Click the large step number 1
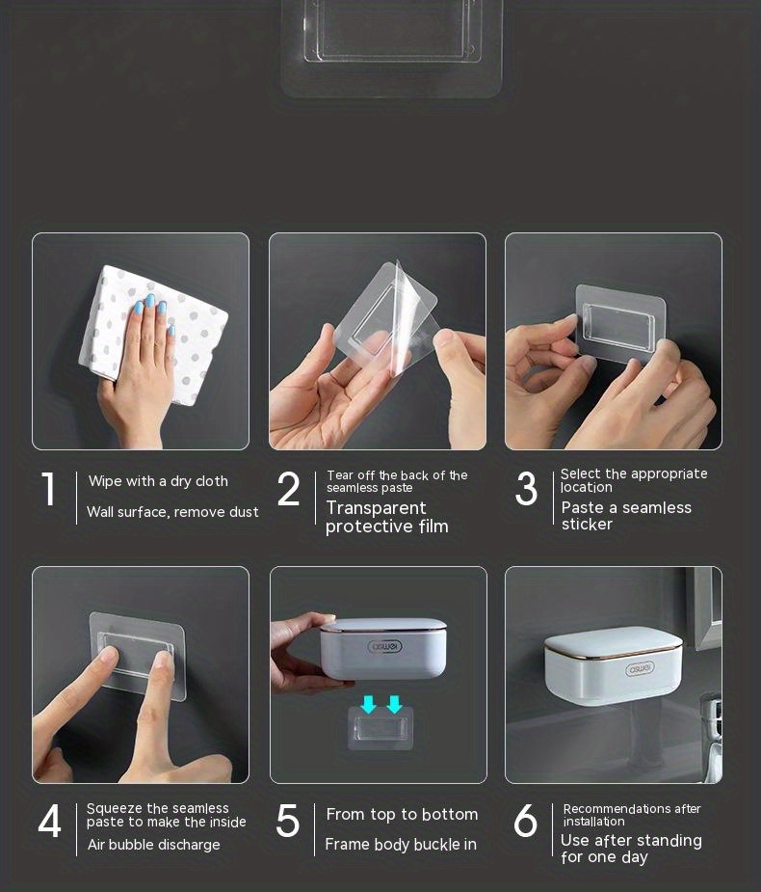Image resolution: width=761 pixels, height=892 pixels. pyautogui.click(x=48, y=490)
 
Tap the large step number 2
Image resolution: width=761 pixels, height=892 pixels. pyautogui.click(x=288, y=490)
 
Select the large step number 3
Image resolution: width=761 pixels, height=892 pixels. pyautogui.click(x=526, y=490)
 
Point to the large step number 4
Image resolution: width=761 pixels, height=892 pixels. pyautogui.click(x=49, y=824)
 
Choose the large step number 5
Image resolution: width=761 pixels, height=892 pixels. pyautogui.click(x=288, y=822)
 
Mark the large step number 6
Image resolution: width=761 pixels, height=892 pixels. pyautogui.click(x=526, y=822)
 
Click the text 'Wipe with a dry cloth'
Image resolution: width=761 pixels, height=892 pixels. pyautogui.click(x=158, y=481)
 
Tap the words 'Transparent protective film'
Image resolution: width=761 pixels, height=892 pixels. pyautogui.click(x=386, y=517)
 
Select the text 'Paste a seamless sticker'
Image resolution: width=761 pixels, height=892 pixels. pyautogui.click(x=626, y=516)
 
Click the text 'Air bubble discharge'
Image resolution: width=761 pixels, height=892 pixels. pyautogui.click(x=153, y=845)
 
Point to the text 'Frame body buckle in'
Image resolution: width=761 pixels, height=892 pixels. pyautogui.click(x=401, y=845)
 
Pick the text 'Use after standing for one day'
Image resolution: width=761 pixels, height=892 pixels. pyautogui.click(x=631, y=849)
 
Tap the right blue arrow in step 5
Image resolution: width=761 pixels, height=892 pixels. pyautogui.click(x=393, y=705)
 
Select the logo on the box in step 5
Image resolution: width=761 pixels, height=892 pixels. pyautogui.click(x=386, y=646)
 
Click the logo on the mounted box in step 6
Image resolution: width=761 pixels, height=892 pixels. pyautogui.click(x=640, y=668)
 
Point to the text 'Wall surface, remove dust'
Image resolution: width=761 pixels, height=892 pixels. pyautogui.click(x=172, y=512)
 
